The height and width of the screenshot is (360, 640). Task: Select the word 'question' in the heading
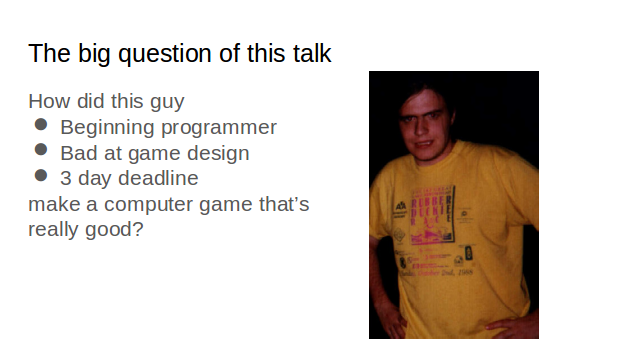tap(161, 54)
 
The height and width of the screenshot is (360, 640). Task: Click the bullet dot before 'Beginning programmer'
tap(41, 126)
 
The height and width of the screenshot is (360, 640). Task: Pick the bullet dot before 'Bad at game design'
tap(41, 152)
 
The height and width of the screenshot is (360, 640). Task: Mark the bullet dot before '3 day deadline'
tap(41, 177)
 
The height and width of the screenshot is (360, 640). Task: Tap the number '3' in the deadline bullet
tap(66, 179)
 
